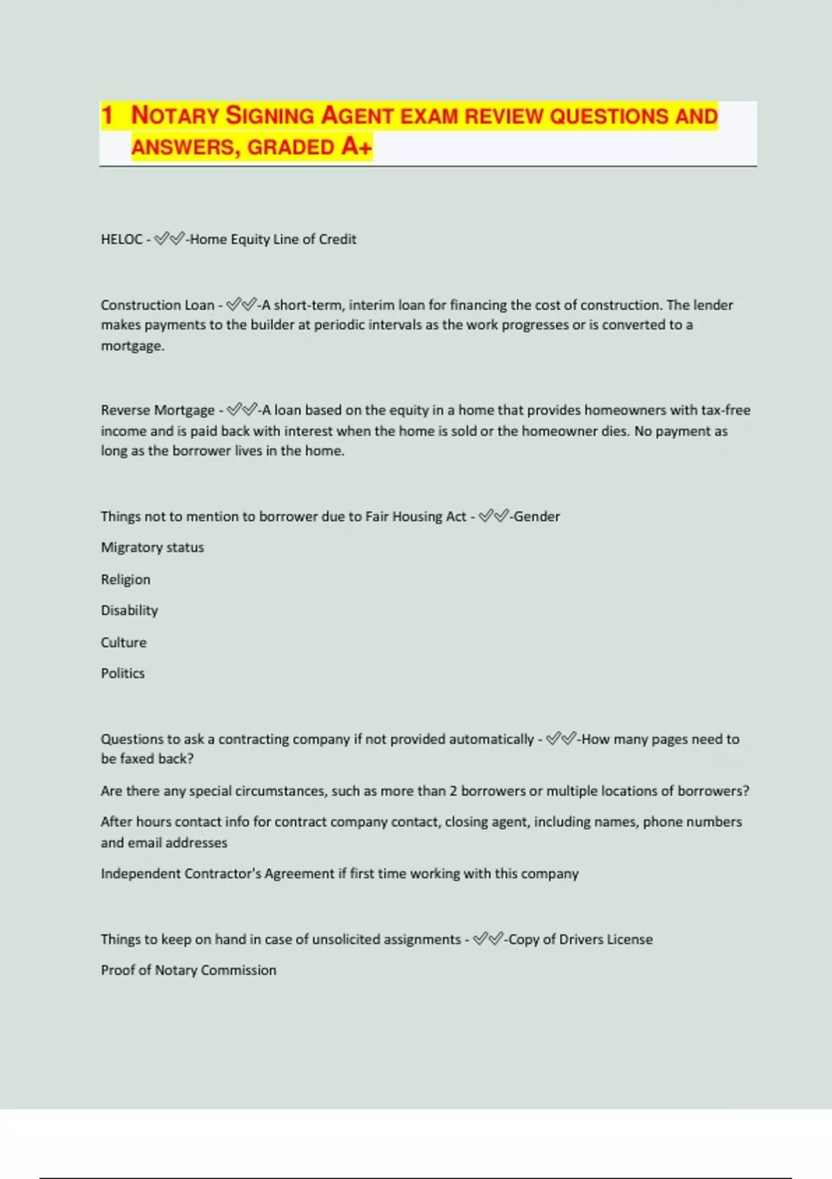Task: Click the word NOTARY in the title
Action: (x=175, y=116)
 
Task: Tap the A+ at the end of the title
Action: (x=356, y=147)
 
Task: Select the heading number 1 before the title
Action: (x=107, y=116)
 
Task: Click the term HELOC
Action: (x=121, y=239)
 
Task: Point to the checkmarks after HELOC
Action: (x=169, y=239)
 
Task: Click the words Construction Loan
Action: (x=157, y=305)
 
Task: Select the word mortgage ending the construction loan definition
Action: (x=132, y=345)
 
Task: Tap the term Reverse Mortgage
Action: (x=157, y=410)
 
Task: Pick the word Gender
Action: (x=537, y=517)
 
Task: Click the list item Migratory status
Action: (x=153, y=547)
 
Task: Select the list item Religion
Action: (x=125, y=579)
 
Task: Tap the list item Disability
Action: (x=130, y=610)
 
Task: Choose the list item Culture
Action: (x=123, y=642)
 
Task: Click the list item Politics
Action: (x=123, y=673)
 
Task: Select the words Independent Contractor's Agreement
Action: (x=217, y=874)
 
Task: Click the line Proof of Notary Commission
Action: (x=189, y=970)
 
